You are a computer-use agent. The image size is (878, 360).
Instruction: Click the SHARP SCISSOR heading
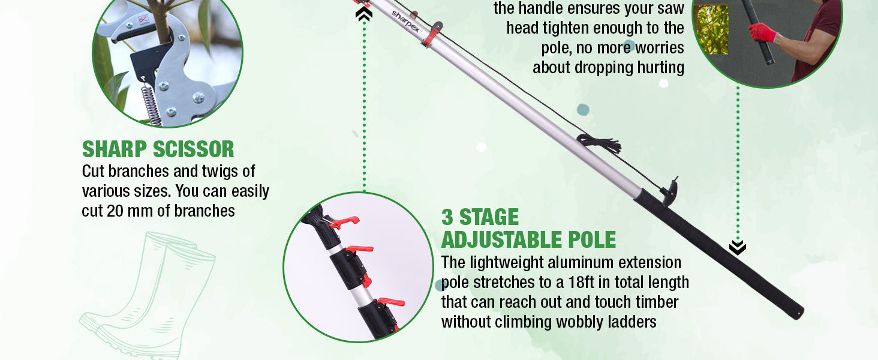(x=158, y=149)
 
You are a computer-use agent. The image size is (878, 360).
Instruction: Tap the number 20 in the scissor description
(x=115, y=211)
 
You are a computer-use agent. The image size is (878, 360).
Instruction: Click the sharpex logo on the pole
(x=405, y=21)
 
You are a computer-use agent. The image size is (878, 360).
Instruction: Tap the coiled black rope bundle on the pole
(x=600, y=144)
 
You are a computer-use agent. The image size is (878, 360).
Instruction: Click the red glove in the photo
(x=762, y=32)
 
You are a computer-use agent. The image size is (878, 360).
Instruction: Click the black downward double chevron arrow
(x=737, y=248)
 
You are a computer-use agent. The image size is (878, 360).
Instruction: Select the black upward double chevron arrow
(x=364, y=14)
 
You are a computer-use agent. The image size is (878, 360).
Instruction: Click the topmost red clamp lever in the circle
(x=344, y=222)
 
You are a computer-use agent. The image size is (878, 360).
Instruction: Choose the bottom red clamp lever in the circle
(x=390, y=302)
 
